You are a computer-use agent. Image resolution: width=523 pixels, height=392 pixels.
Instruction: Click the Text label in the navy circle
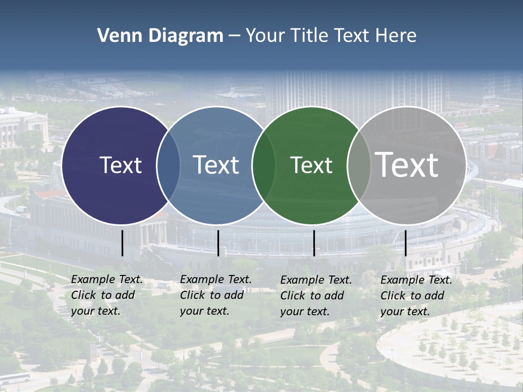point(120,165)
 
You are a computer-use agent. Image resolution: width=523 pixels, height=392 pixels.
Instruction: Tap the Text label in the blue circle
point(216,165)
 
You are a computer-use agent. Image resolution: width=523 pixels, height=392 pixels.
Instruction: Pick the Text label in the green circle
point(311,165)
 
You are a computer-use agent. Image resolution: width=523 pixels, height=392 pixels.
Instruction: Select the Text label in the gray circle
point(406,164)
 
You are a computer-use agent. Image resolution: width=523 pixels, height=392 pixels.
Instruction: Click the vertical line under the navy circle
point(122,243)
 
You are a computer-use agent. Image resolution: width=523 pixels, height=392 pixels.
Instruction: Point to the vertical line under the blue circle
point(218,243)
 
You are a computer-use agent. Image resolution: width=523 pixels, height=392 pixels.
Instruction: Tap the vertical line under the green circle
point(314,243)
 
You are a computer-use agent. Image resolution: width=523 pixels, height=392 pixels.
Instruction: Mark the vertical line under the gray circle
point(405,243)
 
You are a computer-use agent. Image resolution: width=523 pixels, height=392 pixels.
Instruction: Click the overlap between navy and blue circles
point(168,165)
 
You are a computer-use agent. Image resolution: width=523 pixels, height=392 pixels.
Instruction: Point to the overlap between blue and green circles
point(264,165)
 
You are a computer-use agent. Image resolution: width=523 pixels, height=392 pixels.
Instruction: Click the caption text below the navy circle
point(107,295)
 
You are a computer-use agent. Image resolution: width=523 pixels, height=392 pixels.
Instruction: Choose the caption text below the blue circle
point(216,295)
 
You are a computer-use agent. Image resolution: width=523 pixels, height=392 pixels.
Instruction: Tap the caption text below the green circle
point(316,296)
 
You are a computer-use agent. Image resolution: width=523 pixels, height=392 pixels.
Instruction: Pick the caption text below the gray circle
point(416,296)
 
